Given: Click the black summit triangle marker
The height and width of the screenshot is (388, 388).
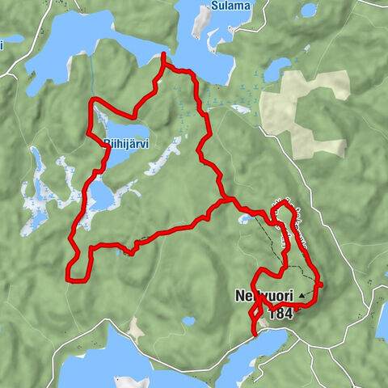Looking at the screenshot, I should point(302,296).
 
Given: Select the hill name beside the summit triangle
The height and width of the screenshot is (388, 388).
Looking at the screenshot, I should point(263,296).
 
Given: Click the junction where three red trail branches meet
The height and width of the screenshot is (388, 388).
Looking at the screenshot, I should point(228,199).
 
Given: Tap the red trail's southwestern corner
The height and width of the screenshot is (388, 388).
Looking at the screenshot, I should point(70,278).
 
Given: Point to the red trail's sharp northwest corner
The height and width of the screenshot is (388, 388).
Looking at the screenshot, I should point(91,101).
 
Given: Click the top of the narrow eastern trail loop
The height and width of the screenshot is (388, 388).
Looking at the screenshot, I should point(281,207).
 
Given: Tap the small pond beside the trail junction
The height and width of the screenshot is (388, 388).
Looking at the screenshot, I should point(244,218).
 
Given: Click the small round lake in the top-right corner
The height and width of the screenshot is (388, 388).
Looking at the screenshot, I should point(309,10).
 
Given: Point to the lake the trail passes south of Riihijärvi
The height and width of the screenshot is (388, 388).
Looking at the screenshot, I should point(101,194).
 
